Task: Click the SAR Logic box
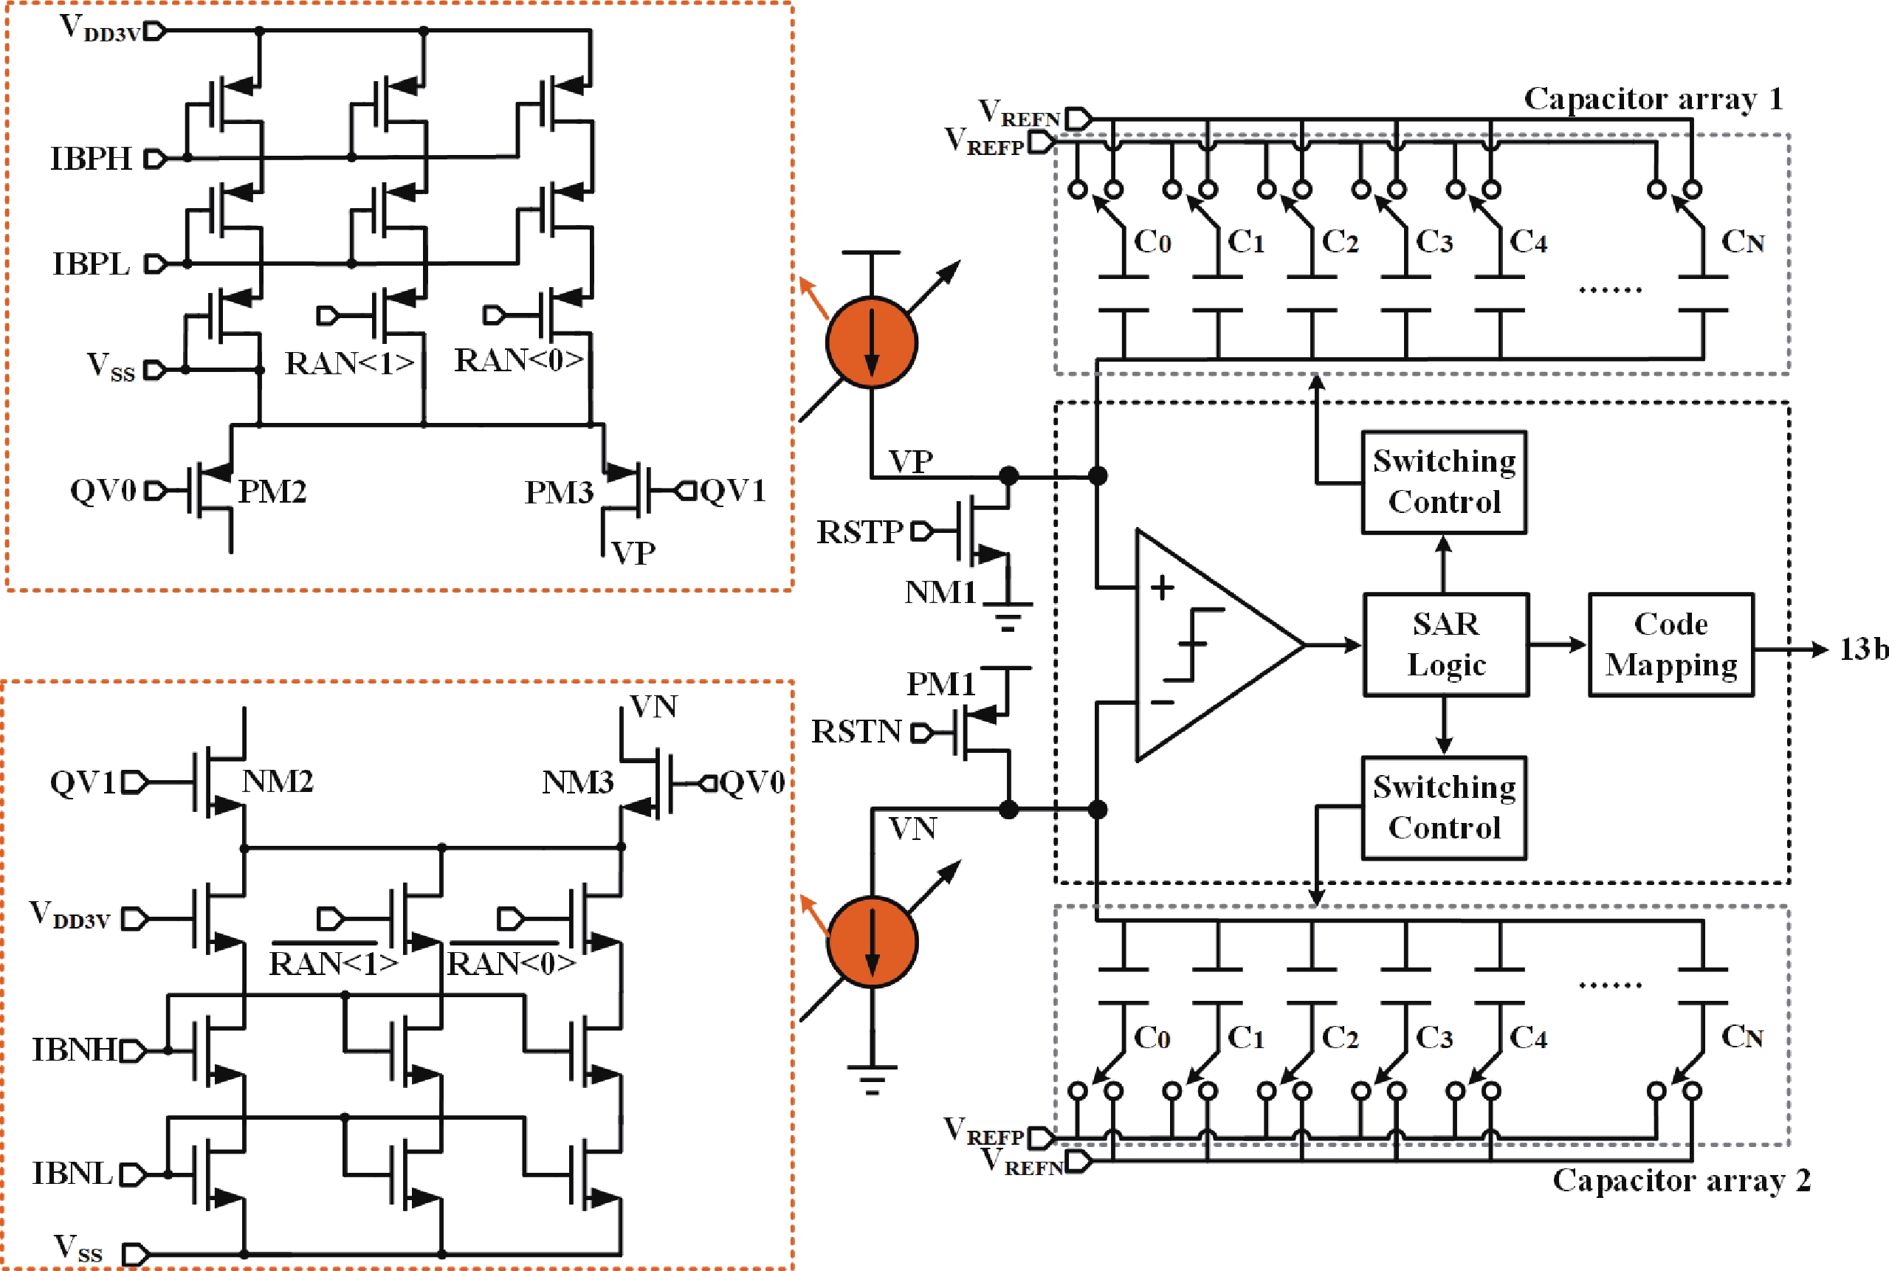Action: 1445,644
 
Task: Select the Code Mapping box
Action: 1671,644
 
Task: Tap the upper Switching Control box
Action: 1444,481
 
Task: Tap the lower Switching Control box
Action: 1444,807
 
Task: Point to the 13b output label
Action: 1863,649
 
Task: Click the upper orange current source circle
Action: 872,342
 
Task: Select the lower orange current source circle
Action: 872,942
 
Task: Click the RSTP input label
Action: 859,531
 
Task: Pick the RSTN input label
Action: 856,731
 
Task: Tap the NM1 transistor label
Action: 940,592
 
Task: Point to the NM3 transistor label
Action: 577,782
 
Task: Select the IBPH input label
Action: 91,159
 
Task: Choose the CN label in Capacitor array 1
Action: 1742,241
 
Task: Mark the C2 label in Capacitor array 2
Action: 1340,1038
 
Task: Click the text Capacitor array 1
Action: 1653,99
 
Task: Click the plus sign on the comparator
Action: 1163,588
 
